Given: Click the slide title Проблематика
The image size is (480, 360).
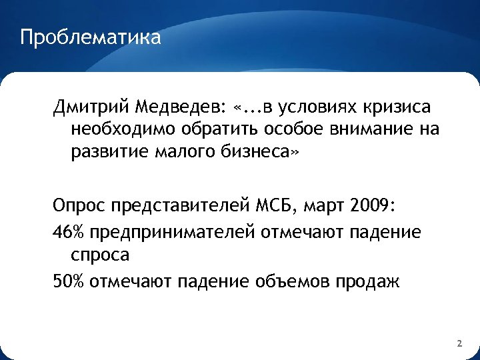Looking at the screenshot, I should pos(91,37).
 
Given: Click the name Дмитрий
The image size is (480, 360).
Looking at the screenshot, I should pos(91,107).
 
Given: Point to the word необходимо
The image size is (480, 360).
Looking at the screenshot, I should pos(127,129).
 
